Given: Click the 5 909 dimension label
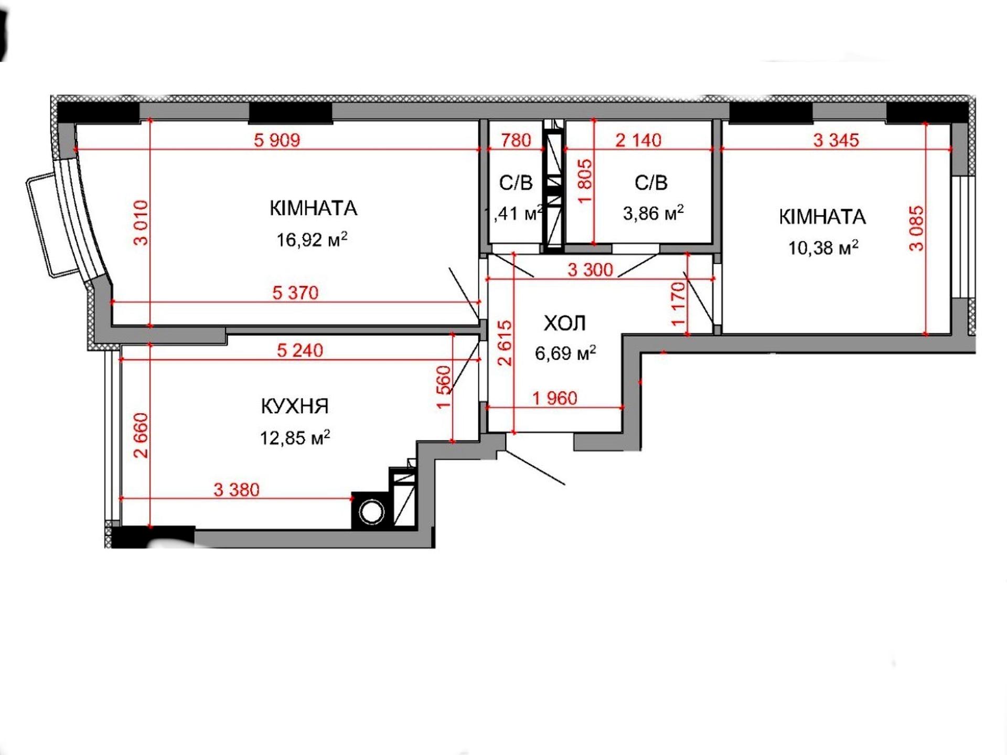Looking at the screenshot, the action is [x=277, y=141].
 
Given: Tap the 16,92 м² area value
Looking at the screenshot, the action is [x=312, y=240].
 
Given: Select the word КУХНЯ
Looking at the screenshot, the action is [x=295, y=406].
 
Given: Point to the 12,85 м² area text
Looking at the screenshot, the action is [x=295, y=438].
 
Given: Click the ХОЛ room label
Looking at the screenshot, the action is [x=565, y=323].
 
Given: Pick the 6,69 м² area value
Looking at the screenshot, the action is [x=565, y=353].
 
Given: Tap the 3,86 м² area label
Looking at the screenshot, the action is [x=654, y=213].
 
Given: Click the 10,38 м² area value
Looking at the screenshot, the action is [x=823, y=247].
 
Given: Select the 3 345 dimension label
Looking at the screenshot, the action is [x=836, y=141].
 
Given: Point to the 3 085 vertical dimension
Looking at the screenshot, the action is [x=916, y=229].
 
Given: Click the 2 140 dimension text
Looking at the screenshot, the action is [x=638, y=141].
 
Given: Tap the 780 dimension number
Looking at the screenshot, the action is [x=516, y=141].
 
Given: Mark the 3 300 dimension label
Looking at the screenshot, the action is [x=590, y=270].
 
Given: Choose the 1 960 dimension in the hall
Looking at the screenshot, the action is [x=555, y=398].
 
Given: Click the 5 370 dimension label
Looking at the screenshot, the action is [x=295, y=293].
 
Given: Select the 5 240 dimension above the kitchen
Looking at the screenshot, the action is [x=300, y=350].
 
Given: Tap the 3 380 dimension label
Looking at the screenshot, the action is [x=237, y=490].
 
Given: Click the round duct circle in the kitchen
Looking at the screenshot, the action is [x=372, y=513].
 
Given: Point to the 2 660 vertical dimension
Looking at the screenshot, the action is [x=142, y=436].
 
